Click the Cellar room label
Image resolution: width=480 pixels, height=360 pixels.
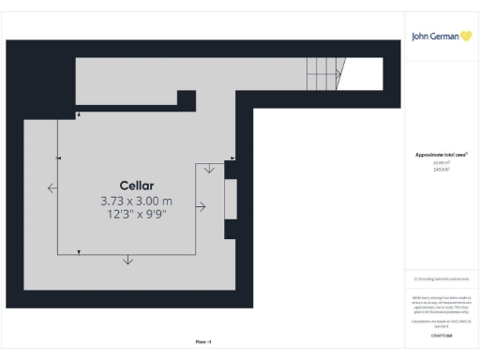(x=137, y=185)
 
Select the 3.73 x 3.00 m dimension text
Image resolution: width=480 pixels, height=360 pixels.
(x=137, y=201)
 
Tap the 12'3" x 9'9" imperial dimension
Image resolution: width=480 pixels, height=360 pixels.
(x=137, y=215)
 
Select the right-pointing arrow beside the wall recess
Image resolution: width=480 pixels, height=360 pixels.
(x=200, y=207)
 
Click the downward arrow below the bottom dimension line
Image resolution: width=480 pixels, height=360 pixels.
(x=127, y=260)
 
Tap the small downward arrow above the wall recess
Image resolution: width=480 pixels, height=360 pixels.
(x=208, y=170)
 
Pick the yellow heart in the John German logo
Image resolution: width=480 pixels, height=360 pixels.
(x=466, y=37)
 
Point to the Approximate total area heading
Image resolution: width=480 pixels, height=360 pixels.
(x=441, y=154)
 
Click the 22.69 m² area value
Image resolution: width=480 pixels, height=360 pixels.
(x=441, y=161)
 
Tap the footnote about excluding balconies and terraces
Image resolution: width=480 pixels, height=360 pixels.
(x=441, y=279)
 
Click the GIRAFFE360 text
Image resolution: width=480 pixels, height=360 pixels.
(x=441, y=335)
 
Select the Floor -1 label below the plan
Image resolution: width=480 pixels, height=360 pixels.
(x=202, y=342)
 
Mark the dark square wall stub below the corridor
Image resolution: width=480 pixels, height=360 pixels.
(x=186, y=97)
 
